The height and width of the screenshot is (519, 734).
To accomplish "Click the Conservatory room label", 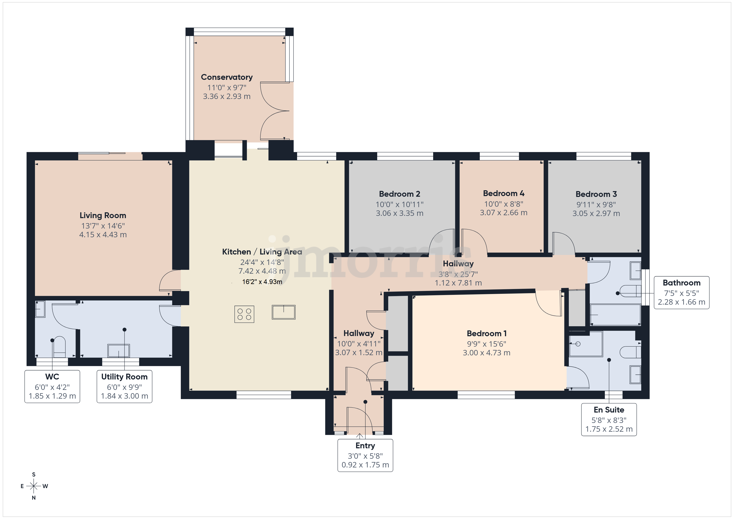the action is [227, 77].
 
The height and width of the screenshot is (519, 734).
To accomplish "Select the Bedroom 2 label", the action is [400, 194].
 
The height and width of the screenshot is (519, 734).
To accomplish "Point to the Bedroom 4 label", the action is [503, 193].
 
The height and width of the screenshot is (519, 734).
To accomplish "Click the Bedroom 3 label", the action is [596, 194].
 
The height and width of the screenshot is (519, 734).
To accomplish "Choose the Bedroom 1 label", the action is [487, 334].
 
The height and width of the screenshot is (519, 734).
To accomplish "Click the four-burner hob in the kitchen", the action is [244, 314].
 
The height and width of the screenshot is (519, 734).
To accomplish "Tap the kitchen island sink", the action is [284, 312].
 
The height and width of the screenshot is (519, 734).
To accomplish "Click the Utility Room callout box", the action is [124, 386].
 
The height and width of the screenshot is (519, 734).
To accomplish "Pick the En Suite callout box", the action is [609, 420].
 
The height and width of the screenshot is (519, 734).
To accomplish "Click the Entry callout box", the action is [365, 455].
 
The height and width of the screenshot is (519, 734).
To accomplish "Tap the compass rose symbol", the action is [33, 486].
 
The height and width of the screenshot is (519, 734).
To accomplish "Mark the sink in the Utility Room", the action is [119, 351].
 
